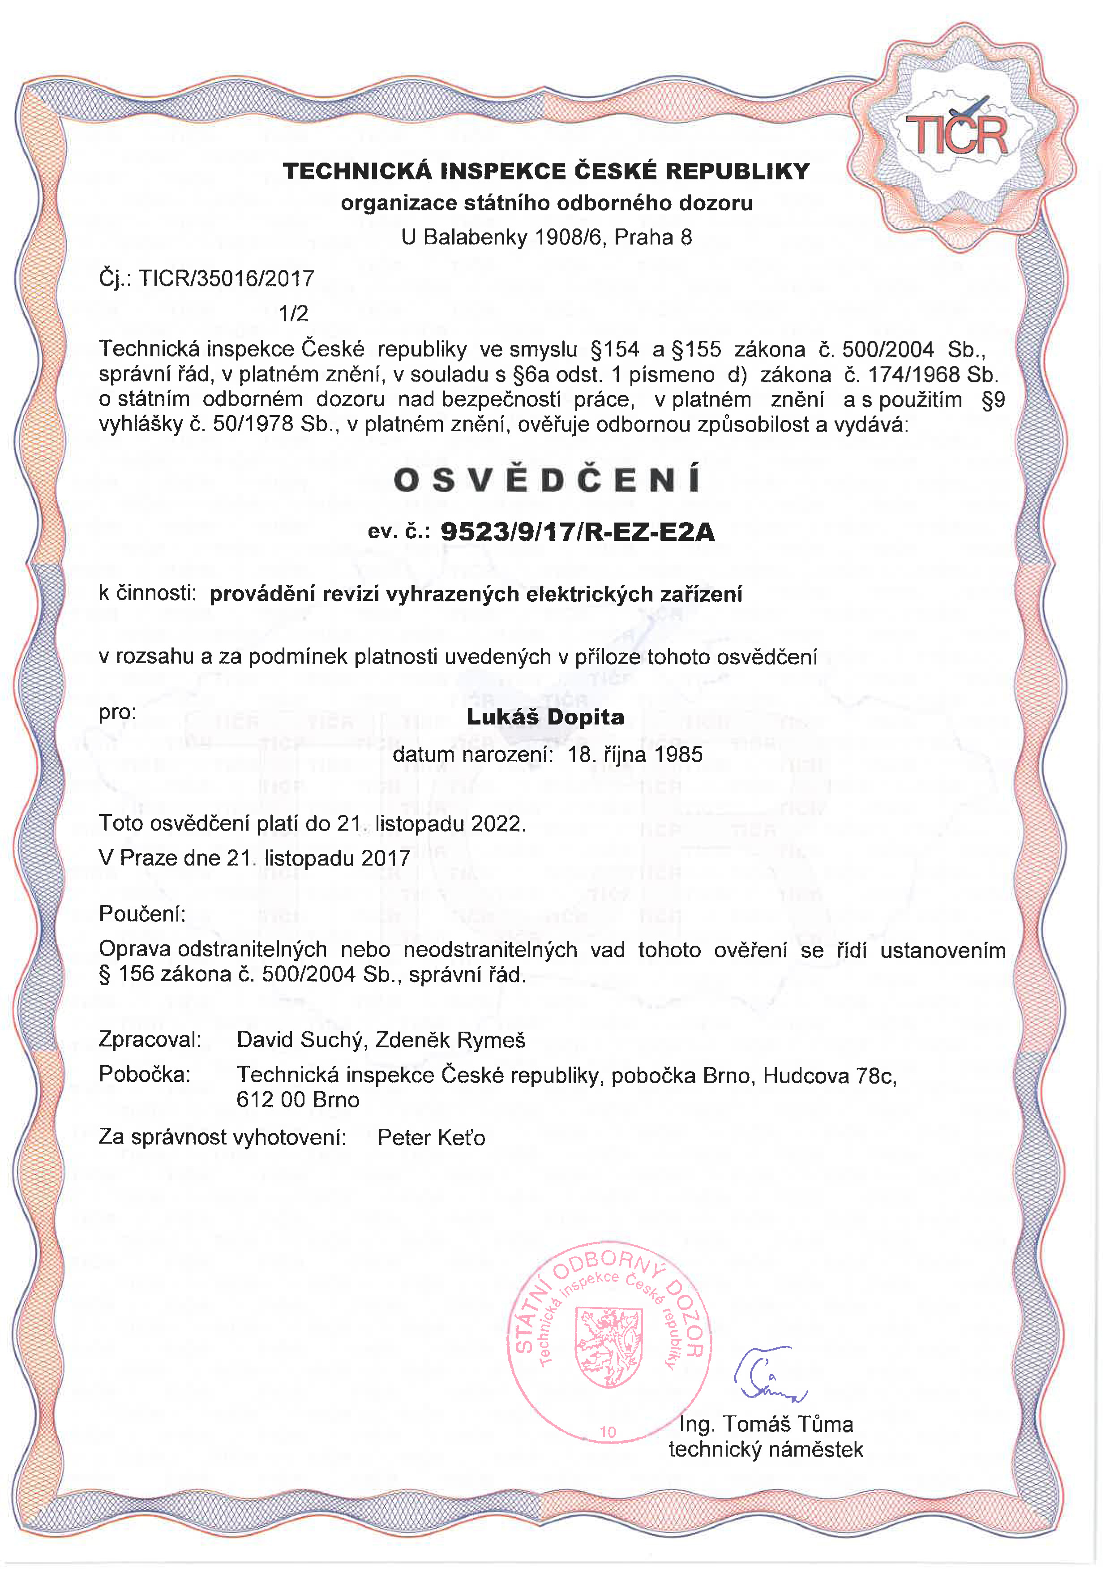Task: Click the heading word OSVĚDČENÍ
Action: coord(547,480)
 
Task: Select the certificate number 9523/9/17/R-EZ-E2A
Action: coord(578,531)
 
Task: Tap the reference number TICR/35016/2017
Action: coord(226,278)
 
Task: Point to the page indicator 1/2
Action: coord(293,313)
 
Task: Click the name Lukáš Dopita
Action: coord(545,717)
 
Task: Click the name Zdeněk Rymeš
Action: coord(450,1040)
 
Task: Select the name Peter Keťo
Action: coord(431,1138)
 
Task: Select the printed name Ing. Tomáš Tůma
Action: coord(766,1424)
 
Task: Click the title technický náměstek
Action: coord(766,1449)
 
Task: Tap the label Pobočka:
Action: coord(144,1074)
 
